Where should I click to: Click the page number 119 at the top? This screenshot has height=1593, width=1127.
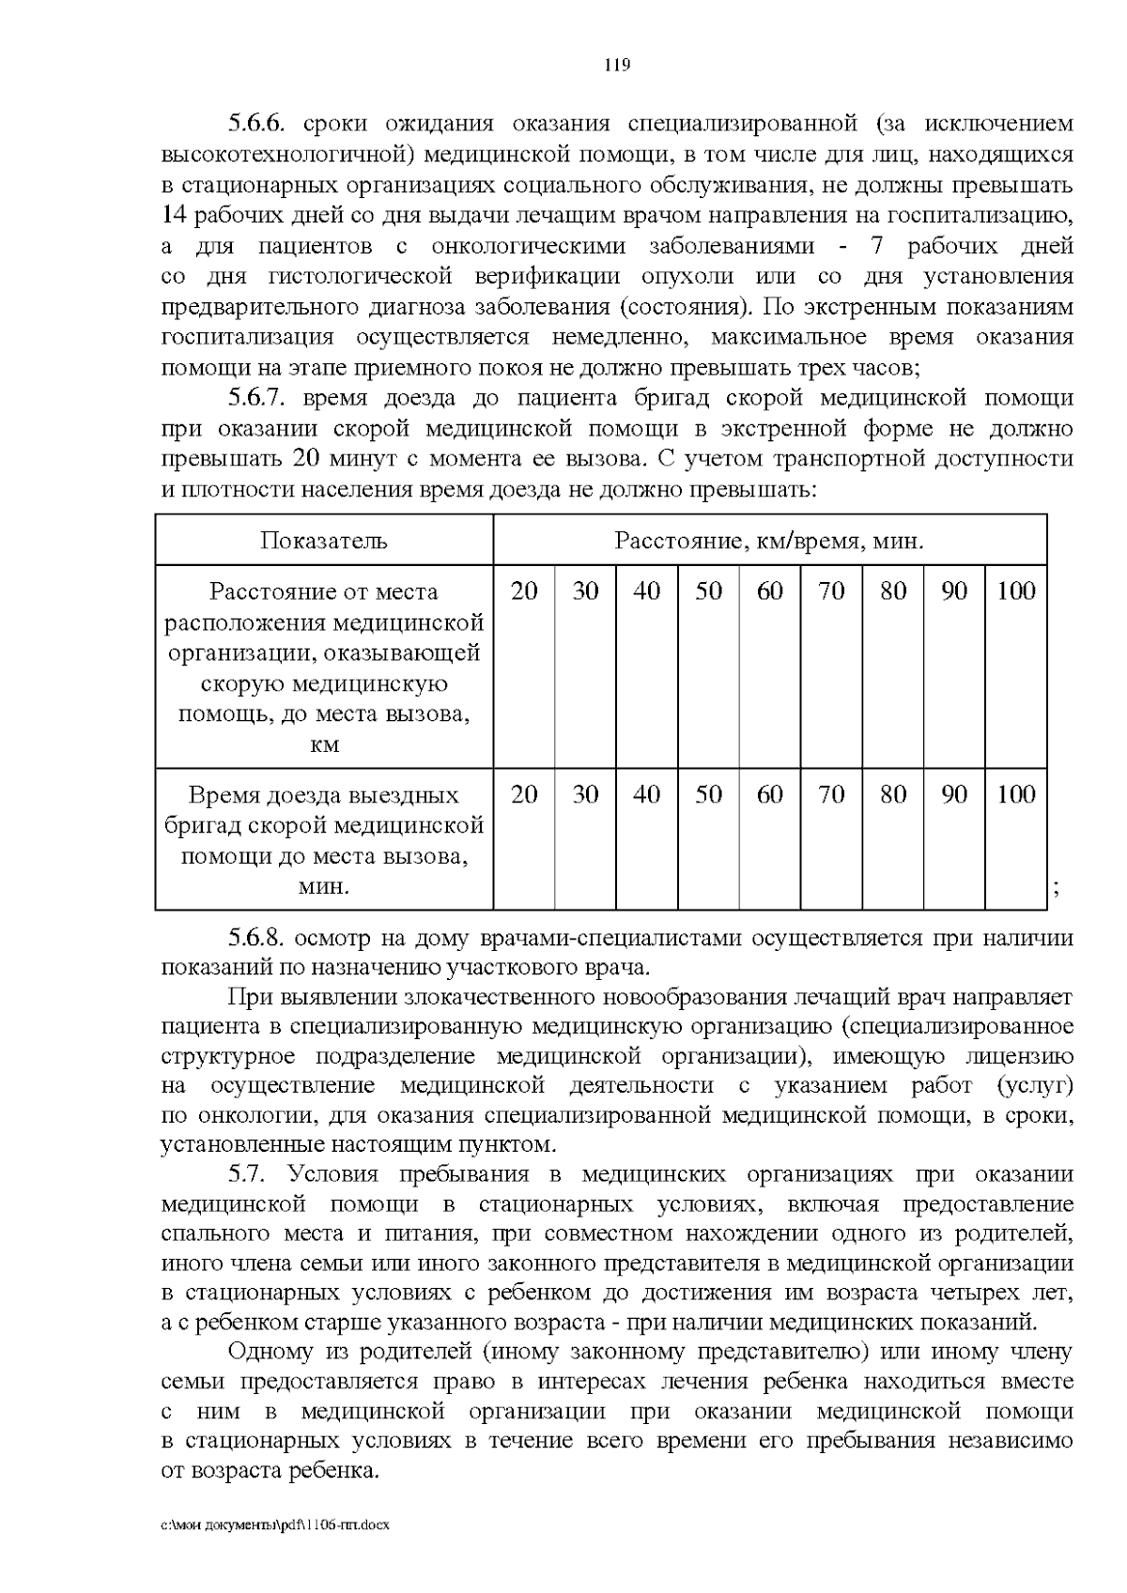(x=616, y=66)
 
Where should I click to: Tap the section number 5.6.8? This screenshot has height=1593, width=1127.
(x=256, y=938)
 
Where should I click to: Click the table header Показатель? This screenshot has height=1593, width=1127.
(x=324, y=540)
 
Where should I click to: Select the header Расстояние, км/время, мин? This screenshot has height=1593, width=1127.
(x=769, y=540)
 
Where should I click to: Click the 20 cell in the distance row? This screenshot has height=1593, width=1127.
(x=524, y=591)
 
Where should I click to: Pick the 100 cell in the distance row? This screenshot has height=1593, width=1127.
(x=1015, y=591)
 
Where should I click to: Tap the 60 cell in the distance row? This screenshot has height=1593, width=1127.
(x=769, y=591)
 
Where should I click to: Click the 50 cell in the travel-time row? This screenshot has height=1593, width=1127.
(x=708, y=795)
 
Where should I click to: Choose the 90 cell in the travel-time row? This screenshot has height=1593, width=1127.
(x=954, y=795)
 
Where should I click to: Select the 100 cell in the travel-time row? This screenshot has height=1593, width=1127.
(x=1015, y=795)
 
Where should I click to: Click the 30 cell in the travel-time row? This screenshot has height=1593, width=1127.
(x=585, y=795)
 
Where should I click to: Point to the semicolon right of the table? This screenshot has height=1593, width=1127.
(x=1058, y=889)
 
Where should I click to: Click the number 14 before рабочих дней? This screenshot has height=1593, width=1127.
(x=173, y=215)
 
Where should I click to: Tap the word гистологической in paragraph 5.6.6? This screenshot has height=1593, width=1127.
(x=361, y=277)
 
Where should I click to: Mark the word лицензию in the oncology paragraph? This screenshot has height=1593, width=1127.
(x=1021, y=1056)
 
